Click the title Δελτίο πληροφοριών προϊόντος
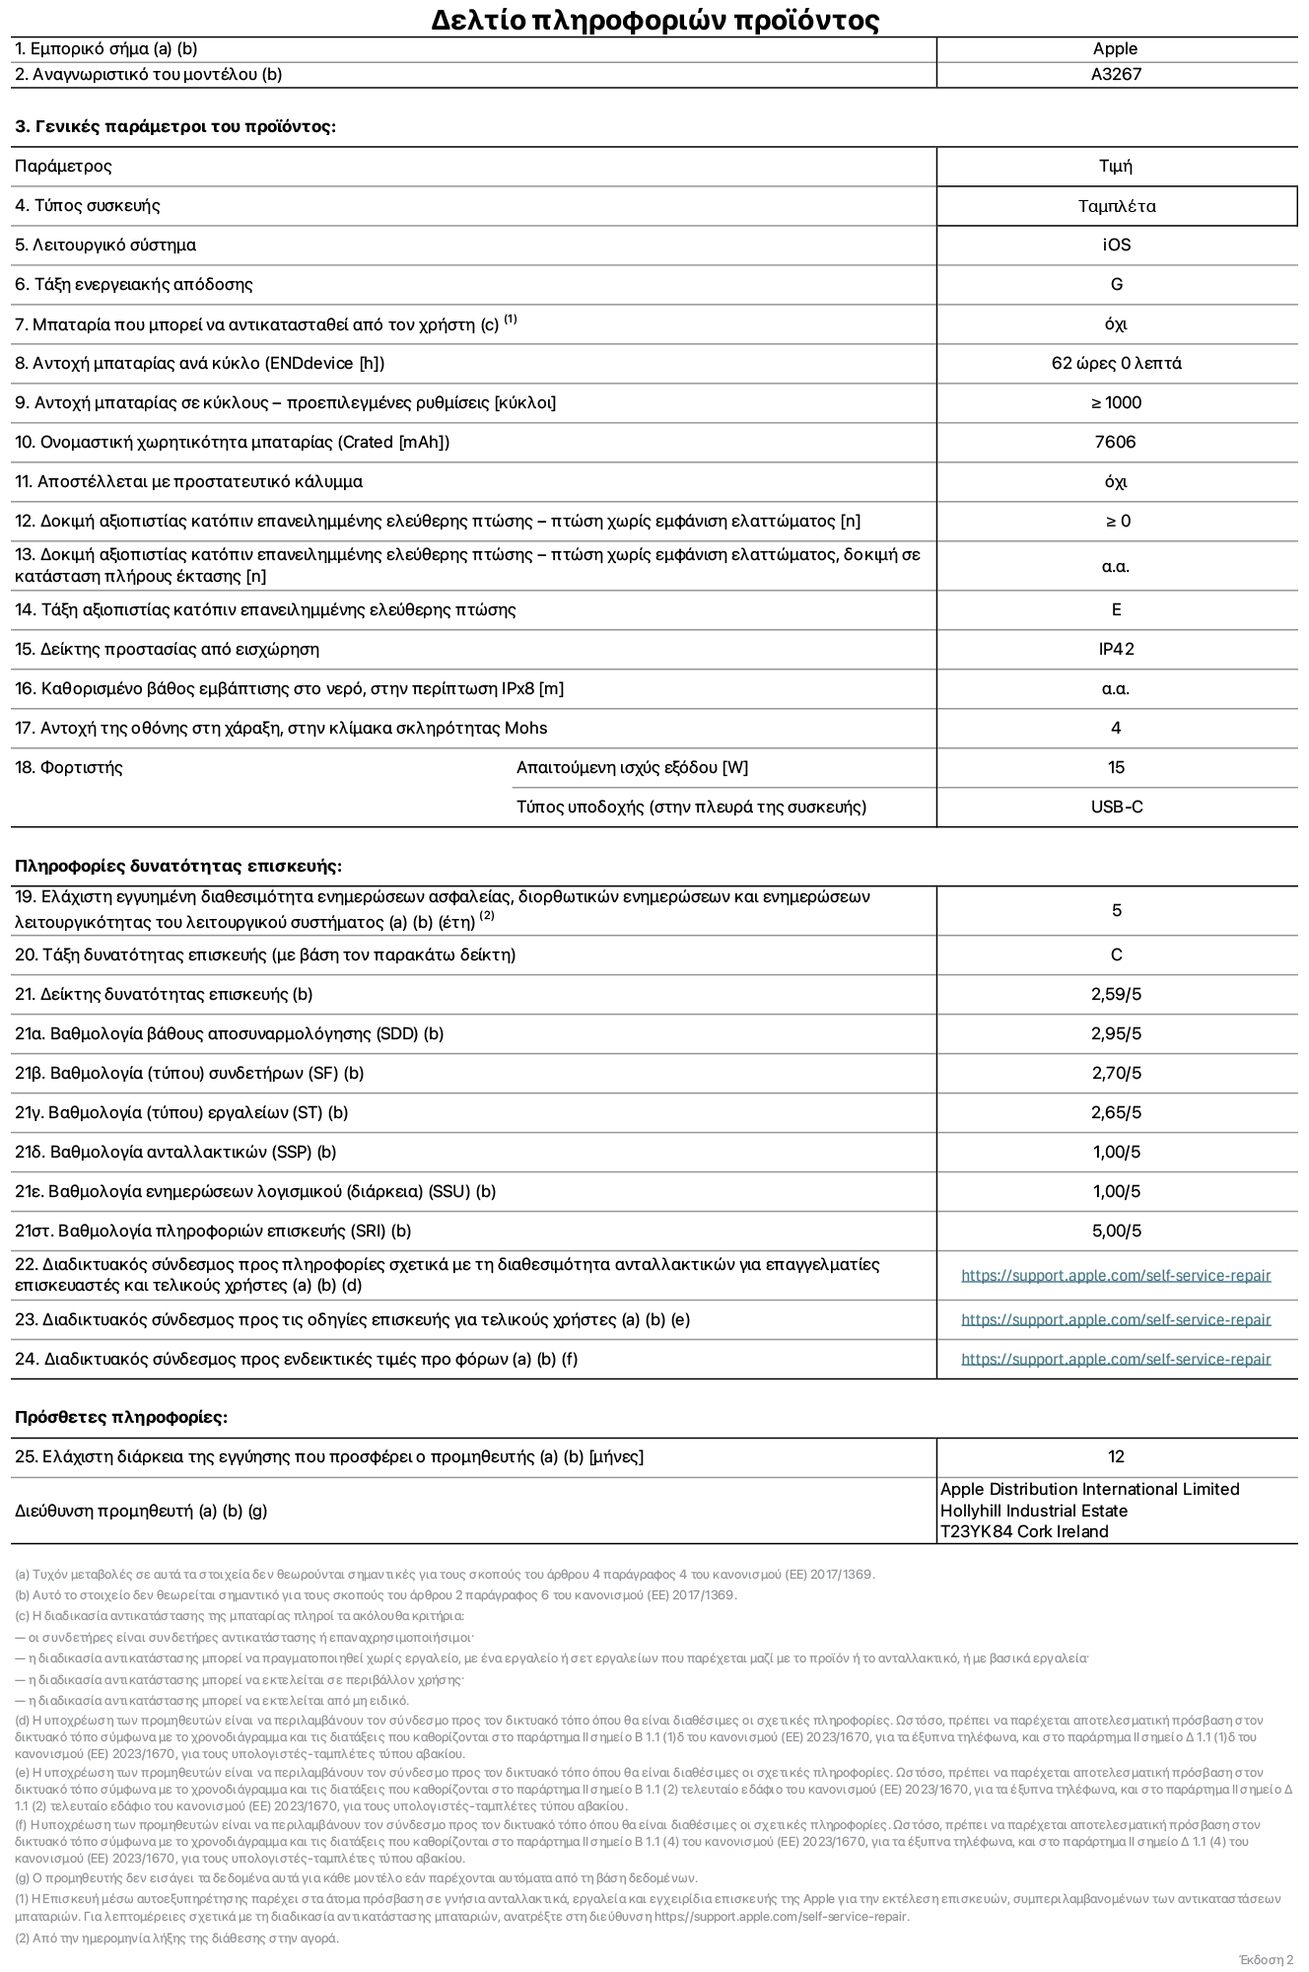coord(654,20)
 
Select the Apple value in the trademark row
coord(1115,48)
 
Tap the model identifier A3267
coord(1116,74)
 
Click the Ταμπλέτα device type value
coord(1116,206)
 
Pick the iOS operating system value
coord(1116,245)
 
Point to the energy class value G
coord(1116,284)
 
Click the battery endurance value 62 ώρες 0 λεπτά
coord(1116,363)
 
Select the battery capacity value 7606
coord(1115,442)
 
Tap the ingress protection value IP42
coord(1116,649)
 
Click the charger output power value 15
coord(1116,767)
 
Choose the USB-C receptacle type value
coord(1116,807)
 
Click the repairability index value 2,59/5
coord(1116,994)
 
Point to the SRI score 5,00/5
coord(1116,1231)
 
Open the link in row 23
coord(1116,1319)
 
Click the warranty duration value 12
coord(1116,1456)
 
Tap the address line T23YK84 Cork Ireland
coord(1023,1531)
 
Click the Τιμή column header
coord(1115,166)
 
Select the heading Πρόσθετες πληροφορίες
coord(120,1417)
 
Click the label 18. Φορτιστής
coord(68,767)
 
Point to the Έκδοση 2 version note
coord(1266,1959)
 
